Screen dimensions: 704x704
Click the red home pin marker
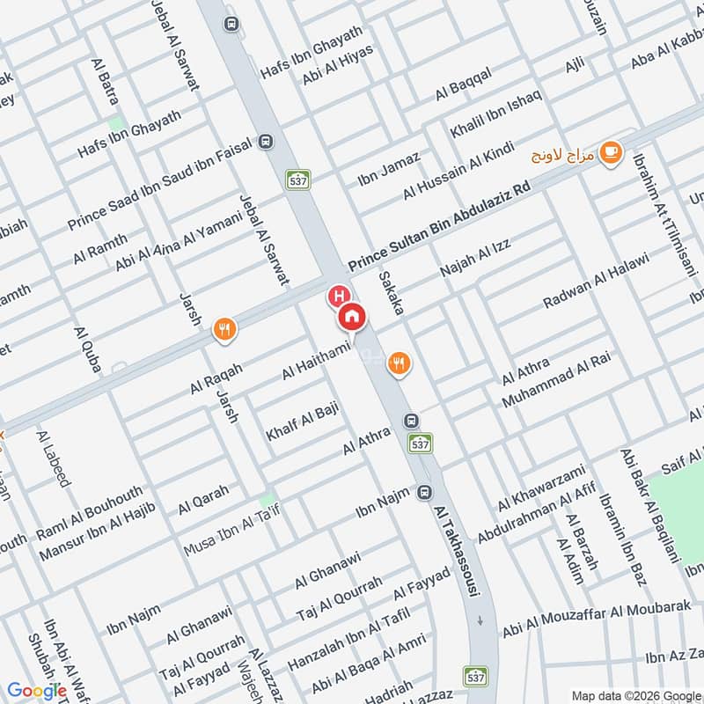(x=352, y=315)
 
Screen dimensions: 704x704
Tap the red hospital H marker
(x=336, y=296)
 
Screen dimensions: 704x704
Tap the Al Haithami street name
(x=317, y=361)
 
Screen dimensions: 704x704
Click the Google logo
(x=36, y=691)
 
